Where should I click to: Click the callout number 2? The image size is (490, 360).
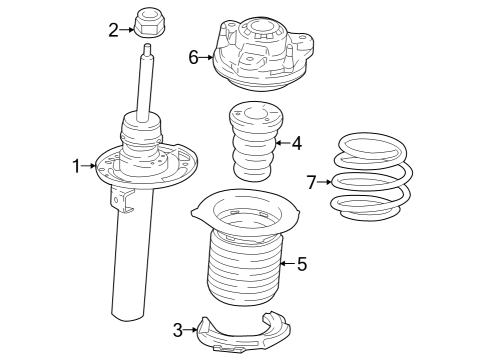pos(114,29)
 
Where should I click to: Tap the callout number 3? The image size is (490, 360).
pos(177,328)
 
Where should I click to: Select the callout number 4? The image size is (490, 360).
pos(296,143)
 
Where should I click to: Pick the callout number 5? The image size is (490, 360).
pos(301,264)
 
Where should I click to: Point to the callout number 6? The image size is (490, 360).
pos(193,57)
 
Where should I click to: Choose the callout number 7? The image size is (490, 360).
pos(311,182)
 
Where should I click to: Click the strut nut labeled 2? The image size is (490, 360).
pos(148,22)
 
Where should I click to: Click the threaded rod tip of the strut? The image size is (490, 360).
pos(148,49)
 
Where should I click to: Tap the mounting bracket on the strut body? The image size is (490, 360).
pos(124,200)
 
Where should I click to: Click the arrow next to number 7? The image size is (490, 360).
pos(323,182)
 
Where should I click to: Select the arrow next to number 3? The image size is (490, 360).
pos(190,328)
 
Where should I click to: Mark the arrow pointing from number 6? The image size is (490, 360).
pos(206,57)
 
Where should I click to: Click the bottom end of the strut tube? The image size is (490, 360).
pos(128,315)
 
